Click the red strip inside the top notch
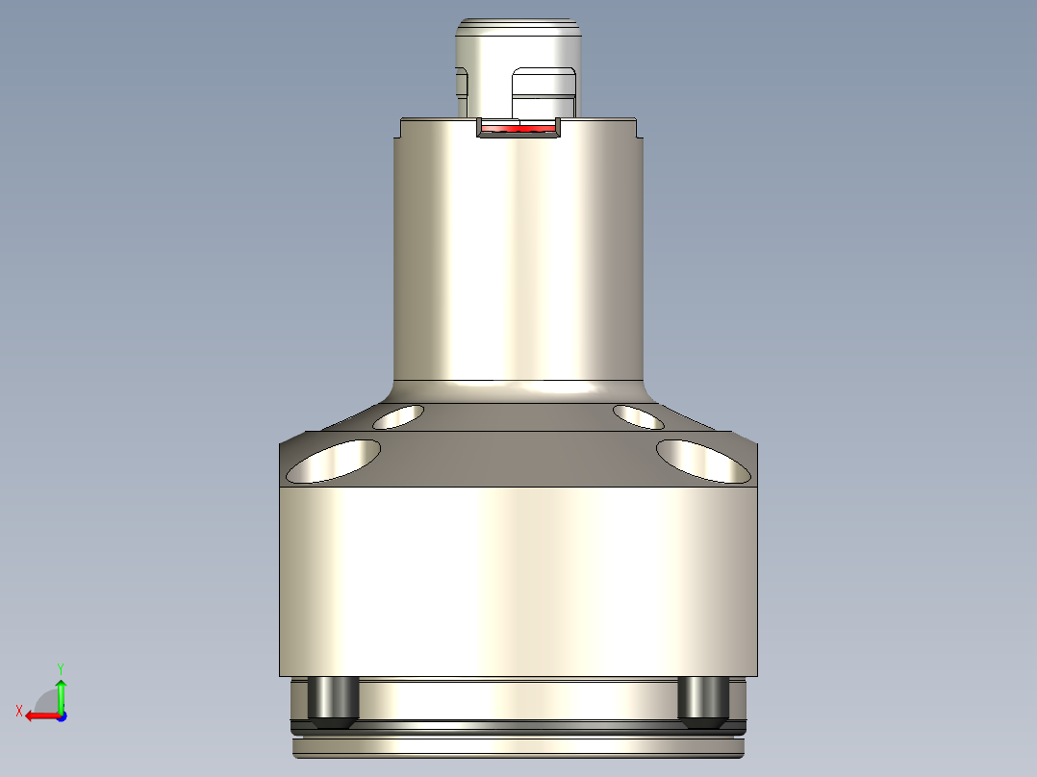coord(518,128)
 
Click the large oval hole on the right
coord(703,461)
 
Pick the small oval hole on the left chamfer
coord(399,416)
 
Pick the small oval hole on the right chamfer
coord(638,416)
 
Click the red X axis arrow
coord(39,715)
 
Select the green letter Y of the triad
coord(61,666)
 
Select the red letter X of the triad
coord(18,711)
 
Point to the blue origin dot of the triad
coord(61,715)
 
